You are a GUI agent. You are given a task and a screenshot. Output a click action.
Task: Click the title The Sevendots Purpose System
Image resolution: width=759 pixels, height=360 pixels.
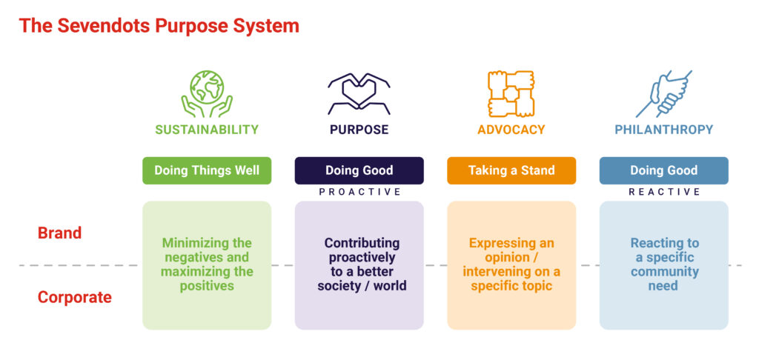point(159,26)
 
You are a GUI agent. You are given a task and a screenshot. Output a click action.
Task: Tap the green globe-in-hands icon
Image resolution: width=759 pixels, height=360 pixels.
point(206,93)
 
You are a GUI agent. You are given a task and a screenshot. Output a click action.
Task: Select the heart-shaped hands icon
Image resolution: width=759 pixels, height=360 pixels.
point(359,94)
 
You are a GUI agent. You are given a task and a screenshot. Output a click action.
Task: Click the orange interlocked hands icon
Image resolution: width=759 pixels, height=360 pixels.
point(511,93)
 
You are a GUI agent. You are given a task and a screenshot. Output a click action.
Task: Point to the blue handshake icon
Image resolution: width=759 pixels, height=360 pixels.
point(663,94)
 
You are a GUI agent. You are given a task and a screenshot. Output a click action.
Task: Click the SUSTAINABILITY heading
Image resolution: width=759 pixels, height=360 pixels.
point(207,130)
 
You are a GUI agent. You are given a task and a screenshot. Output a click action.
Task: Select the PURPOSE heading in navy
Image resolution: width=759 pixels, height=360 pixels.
point(359,130)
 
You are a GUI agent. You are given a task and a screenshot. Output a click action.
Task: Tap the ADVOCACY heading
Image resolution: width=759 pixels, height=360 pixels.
point(511,130)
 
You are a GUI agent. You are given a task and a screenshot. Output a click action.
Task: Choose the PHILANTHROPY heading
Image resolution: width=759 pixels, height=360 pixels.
point(663,130)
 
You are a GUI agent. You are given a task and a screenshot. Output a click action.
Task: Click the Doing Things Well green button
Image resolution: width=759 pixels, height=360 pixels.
point(207,170)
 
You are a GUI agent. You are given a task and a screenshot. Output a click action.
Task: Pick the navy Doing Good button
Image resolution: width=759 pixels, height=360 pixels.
point(359,170)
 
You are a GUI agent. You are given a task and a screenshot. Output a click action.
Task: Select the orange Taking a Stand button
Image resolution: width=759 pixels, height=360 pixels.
point(511,170)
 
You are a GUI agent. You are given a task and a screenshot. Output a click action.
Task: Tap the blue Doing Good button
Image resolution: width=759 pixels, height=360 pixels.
point(663,170)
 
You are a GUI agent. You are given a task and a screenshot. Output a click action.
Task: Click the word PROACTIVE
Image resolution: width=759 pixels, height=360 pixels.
point(359,192)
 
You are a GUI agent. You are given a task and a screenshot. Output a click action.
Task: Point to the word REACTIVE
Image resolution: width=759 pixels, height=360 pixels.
point(664,192)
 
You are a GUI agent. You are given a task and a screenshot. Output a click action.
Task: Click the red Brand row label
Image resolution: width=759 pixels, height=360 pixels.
point(59,233)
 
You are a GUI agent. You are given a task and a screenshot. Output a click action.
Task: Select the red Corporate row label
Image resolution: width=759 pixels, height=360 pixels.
point(75,297)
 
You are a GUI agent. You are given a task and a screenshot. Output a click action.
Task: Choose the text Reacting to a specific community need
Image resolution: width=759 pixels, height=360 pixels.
point(663,264)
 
